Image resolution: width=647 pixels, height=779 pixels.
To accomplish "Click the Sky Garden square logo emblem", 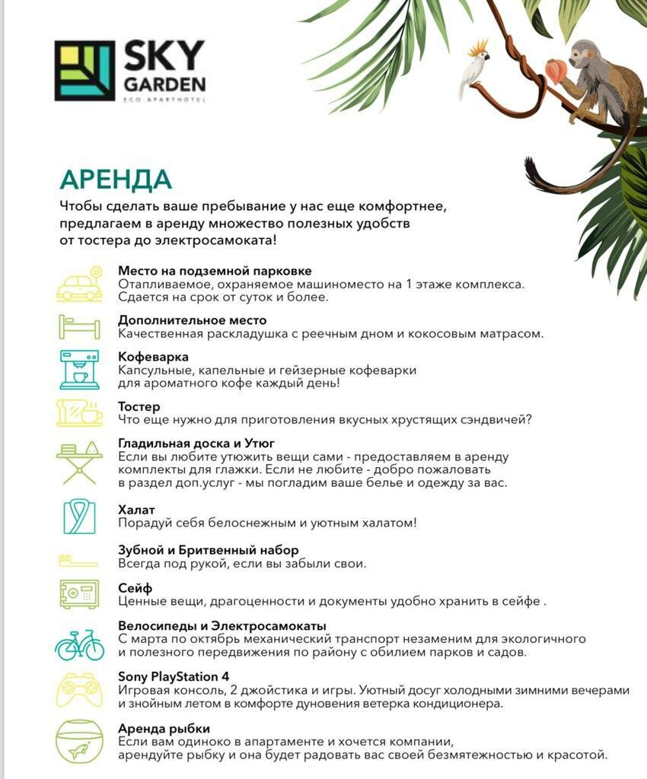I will pos(84,71).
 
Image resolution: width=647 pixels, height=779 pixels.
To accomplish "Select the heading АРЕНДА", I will pos(116,180).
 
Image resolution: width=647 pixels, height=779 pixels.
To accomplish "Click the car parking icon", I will pos(80,285).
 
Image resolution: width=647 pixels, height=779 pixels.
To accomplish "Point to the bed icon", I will pos(79,326).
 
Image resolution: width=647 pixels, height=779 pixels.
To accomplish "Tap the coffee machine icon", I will pos(79,370).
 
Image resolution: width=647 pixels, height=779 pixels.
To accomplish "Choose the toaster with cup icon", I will pos(79,412).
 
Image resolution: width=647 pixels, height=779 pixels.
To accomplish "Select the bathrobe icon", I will pos(79,517).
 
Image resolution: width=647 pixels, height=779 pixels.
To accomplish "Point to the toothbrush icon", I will pos(79,561).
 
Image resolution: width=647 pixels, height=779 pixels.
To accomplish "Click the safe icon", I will pos(79,594).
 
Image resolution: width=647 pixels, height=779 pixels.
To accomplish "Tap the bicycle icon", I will pos(79,644).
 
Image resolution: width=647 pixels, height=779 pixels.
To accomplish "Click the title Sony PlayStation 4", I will pos(174,676).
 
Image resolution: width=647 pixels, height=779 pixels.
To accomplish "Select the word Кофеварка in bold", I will pos(153,357).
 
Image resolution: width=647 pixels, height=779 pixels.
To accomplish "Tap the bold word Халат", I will pos(136,510).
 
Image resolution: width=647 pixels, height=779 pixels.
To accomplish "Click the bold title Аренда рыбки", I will pos(164,728).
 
